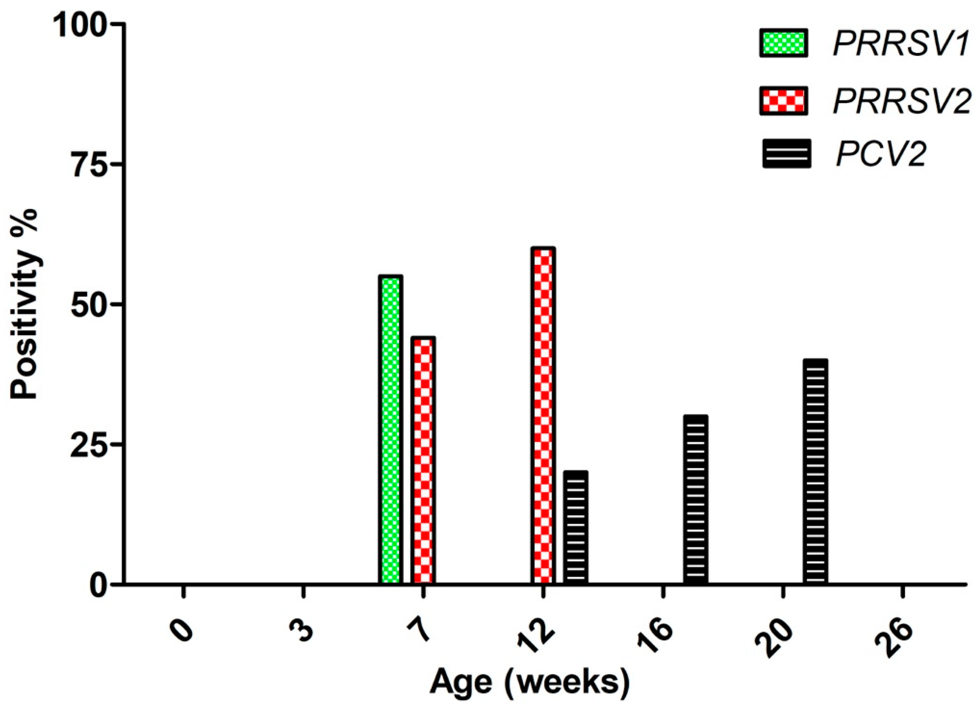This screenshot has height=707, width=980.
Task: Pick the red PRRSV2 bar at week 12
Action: pos(543,415)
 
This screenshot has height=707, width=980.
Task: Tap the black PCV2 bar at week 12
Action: pos(576,527)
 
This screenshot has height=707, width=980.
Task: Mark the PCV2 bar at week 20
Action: pos(815,471)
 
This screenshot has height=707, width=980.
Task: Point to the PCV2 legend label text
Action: pos(882,154)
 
